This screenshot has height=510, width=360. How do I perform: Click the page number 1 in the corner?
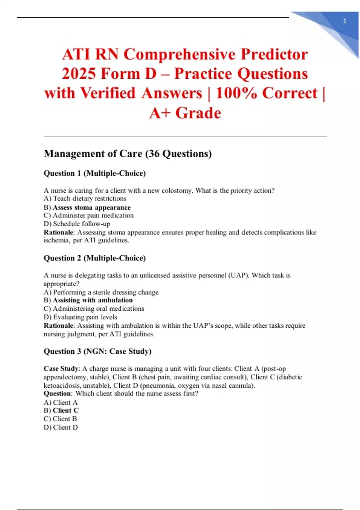[x=345, y=21]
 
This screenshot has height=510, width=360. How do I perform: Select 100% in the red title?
[x=236, y=93]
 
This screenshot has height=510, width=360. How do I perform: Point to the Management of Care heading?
[x=127, y=154]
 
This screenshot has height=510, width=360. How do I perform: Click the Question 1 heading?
[x=94, y=173]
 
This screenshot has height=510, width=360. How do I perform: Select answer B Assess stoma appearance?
[x=91, y=208]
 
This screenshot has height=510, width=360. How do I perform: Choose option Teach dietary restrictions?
[x=89, y=199]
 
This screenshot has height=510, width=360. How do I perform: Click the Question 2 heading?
[x=94, y=258]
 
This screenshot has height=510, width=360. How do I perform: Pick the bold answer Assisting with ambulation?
[x=92, y=300]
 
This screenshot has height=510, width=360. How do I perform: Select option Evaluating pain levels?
[x=85, y=317]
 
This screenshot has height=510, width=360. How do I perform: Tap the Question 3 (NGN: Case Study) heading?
[x=97, y=351]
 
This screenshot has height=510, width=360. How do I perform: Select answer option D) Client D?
[x=61, y=427]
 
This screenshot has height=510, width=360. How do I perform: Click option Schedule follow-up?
[x=81, y=224]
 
